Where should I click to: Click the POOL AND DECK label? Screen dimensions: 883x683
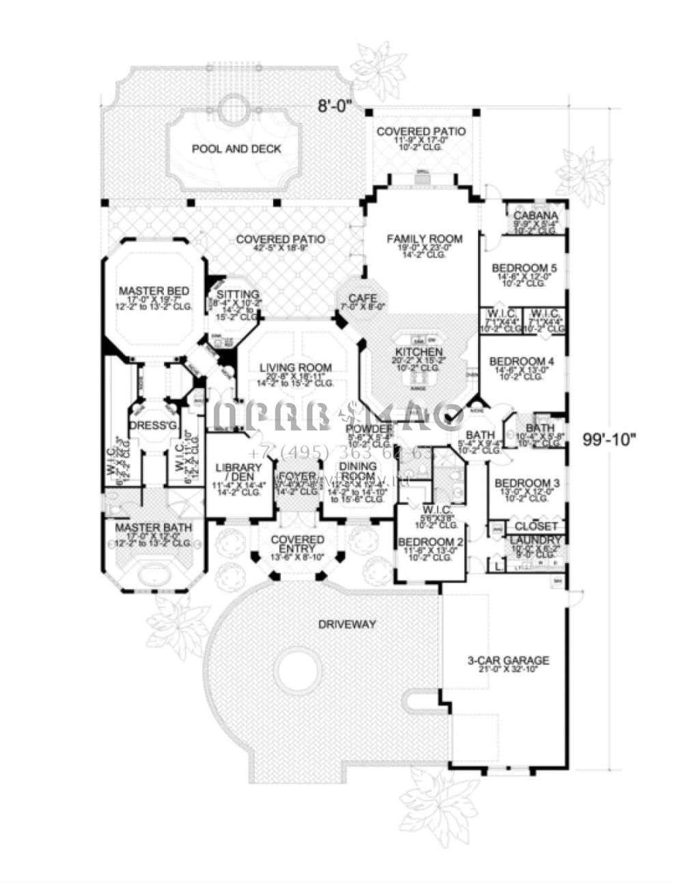tap(236, 149)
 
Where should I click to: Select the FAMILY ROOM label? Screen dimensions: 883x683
tap(424, 239)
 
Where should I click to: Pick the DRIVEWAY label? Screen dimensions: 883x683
tap(347, 624)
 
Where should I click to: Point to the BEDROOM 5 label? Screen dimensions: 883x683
tap(525, 268)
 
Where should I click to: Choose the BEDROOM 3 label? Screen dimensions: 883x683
tap(527, 482)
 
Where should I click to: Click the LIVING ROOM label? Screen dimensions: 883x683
tap(295, 367)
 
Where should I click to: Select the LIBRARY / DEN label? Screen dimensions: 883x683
tap(239, 473)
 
